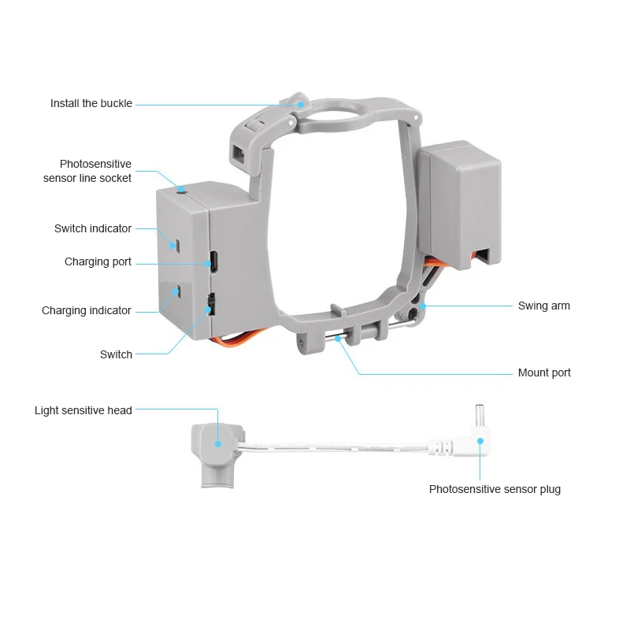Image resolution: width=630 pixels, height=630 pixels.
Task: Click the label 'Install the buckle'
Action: (91, 104)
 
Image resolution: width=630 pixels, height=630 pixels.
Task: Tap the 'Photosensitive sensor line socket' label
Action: (87, 171)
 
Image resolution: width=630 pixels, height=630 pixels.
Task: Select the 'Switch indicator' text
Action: (93, 228)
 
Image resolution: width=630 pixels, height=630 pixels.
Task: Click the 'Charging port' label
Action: (98, 262)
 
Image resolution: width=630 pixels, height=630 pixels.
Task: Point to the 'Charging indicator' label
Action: (87, 310)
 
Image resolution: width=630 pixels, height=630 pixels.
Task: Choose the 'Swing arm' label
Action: (544, 306)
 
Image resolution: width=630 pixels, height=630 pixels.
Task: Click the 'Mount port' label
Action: (544, 372)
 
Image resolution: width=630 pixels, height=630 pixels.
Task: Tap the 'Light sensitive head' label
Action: (83, 410)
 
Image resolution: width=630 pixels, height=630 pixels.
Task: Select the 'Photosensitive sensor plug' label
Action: (495, 489)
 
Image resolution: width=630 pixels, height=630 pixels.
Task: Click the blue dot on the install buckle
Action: (301, 104)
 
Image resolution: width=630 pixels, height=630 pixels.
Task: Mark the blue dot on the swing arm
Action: (423, 306)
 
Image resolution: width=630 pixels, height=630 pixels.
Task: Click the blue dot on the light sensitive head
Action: (218, 444)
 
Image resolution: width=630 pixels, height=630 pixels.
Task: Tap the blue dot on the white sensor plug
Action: (480, 441)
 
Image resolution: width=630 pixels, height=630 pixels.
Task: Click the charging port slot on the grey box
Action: (214, 261)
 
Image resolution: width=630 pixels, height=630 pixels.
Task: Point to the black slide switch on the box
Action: (211, 305)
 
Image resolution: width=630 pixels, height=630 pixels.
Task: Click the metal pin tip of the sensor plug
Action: (479, 416)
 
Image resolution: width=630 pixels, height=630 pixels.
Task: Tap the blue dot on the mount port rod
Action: (338, 339)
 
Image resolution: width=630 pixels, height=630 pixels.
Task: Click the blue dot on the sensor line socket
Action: (181, 189)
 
